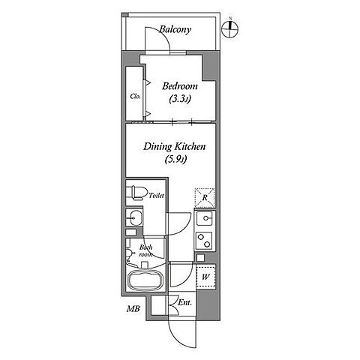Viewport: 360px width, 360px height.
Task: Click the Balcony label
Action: point(175,30)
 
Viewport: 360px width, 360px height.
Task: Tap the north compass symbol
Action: point(230,28)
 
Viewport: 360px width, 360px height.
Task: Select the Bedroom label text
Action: point(180,86)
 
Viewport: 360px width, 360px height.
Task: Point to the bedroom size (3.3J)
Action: point(180,100)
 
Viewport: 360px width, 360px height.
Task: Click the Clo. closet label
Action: point(135,96)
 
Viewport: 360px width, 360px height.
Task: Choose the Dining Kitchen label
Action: point(174,146)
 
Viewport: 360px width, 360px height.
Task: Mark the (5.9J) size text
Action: point(175,159)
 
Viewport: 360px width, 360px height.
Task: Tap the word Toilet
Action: point(157,196)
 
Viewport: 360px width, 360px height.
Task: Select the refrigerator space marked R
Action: point(205,197)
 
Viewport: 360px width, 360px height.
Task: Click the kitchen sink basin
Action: point(204,218)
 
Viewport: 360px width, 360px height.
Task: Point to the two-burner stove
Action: point(204,241)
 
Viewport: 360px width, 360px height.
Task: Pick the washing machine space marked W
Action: point(205,277)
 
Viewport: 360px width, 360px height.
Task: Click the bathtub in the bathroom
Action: point(145,280)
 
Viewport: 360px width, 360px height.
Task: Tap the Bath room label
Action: point(145,250)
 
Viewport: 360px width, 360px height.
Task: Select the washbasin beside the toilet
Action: point(134,218)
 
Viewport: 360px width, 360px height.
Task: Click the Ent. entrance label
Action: point(184,303)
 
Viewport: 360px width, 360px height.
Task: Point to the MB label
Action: point(133,309)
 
